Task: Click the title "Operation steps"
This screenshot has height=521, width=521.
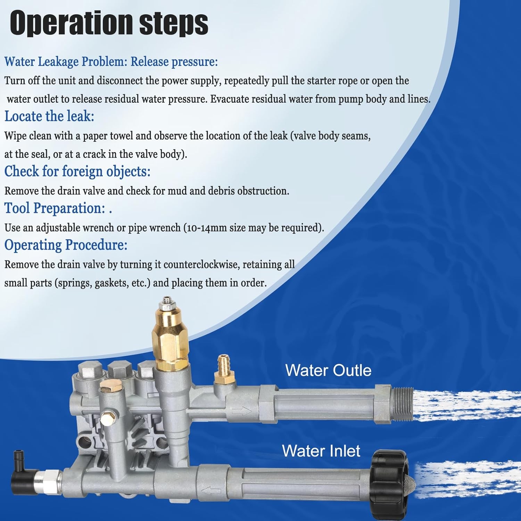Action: tap(109, 23)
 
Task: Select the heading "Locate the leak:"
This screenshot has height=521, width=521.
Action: tap(49, 116)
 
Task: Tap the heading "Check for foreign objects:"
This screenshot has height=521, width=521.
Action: tap(77, 172)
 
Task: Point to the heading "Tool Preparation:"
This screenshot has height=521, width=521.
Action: tap(55, 208)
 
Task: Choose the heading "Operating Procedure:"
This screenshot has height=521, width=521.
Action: tap(66, 245)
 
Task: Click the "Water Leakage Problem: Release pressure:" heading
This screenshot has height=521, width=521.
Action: tap(111, 62)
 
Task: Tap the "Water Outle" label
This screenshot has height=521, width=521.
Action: tap(328, 370)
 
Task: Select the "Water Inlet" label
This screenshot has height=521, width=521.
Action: tap(321, 451)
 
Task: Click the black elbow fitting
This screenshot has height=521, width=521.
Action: tap(24, 470)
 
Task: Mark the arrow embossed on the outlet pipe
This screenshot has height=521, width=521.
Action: tap(242, 411)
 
